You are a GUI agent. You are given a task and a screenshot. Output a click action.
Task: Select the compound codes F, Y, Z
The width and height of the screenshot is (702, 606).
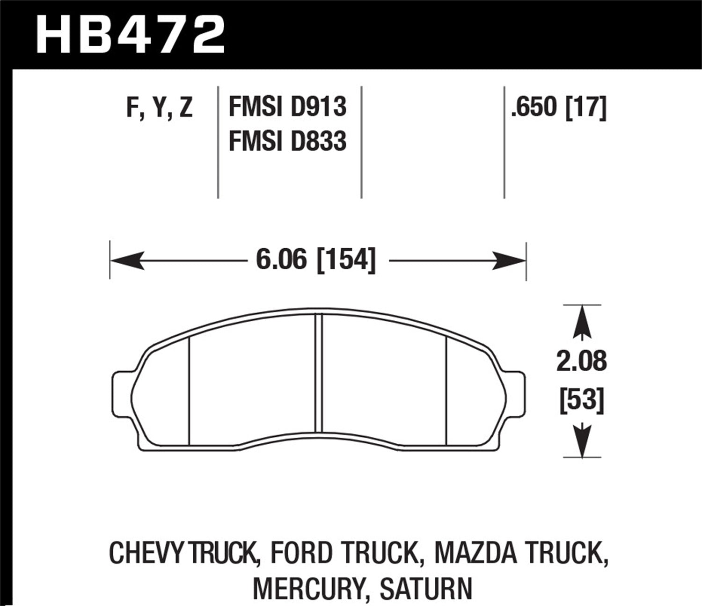coord(159,107)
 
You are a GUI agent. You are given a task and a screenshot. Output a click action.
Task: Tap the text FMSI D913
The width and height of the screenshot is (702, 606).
coord(287,107)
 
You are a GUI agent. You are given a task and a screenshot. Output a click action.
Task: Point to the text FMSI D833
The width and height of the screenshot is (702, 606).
coord(287,141)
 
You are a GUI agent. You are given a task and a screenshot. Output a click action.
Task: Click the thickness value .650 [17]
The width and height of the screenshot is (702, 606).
coord(558,107)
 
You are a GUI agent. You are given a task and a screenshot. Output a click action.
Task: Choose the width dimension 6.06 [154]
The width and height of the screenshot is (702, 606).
coord(316,260)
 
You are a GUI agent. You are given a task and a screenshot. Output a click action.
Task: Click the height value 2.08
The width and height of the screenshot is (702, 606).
coord(581,361)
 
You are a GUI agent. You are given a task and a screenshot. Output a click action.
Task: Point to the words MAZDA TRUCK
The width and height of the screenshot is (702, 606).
coord(521,553)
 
